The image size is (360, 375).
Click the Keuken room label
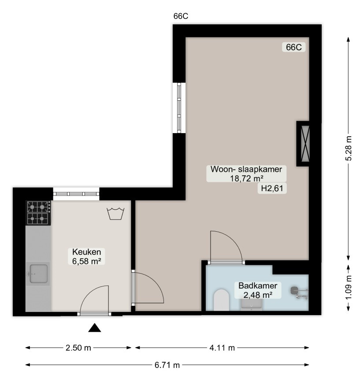coord(86,252)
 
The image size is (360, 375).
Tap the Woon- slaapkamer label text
coord(246,169)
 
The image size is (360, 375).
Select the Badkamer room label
coord(258,286)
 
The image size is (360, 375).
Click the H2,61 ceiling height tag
coord(272,189)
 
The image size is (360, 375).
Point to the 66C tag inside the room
coord(294,47)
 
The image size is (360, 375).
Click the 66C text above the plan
coord(181,16)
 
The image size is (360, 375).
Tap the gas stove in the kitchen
coord(39,213)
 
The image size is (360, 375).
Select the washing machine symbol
coord(116,214)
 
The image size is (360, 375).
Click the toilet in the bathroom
coord(221,300)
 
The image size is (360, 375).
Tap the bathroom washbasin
coord(252,304)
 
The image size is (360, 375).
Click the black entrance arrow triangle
coord(95,328)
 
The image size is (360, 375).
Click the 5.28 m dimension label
coord(349,148)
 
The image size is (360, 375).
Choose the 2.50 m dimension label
coord(78,348)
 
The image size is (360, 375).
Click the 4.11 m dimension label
coord(222,348)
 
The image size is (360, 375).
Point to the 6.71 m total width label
coord(167,365)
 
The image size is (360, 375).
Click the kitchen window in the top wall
coord(76,194)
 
